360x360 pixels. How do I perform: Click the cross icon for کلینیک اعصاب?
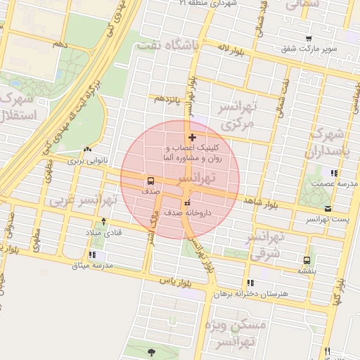[x=192, y=137]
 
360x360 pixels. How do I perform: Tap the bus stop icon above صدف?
[x=150, y=181]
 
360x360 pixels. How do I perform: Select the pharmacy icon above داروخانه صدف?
[x=186, y=203]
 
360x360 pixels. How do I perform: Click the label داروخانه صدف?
[x=188, y=211]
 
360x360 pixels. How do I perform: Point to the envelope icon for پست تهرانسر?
[x=329, y=208]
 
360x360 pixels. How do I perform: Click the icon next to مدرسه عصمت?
[x=334, y=173]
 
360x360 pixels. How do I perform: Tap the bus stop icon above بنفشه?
[x=307, y=259]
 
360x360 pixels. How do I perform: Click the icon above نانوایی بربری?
[x=87, y=149]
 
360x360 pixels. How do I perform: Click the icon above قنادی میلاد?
[x=104, y=221]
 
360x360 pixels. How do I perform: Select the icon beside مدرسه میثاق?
[x=92, y=255]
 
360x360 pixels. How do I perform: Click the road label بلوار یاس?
[x=176, y=281]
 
